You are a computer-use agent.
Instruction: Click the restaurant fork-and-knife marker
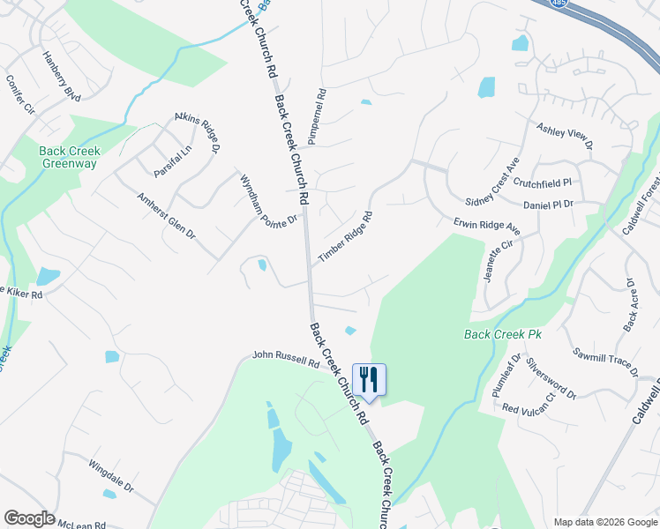(x=370, y=380)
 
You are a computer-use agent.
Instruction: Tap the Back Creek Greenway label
(x=70, y=157)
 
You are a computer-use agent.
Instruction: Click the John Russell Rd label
(x=285, y=358)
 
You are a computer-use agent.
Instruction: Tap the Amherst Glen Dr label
(x=166, y=218)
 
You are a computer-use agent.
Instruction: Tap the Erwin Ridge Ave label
(x=487, y=227)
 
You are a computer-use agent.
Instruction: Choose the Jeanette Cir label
(x=498, y=262)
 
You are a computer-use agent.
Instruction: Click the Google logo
(x=29, y=518)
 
